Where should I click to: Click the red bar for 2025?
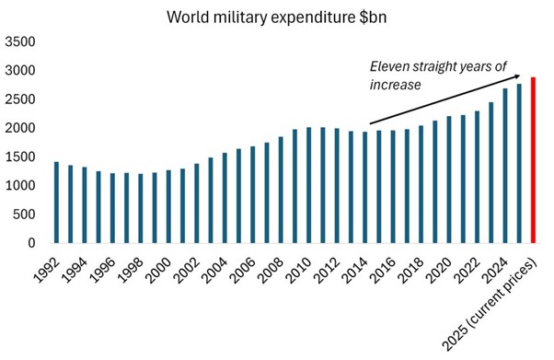pos(533,160)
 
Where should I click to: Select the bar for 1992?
pos(56,203)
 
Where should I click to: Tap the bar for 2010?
pos(309,185)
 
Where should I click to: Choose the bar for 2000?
pos(168,206)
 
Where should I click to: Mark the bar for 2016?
pos(393,187)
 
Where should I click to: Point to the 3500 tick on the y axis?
pos(20,41)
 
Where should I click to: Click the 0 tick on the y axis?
pos(32,243)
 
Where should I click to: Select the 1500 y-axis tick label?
pos(20,157)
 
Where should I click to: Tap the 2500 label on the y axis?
pos(20,99)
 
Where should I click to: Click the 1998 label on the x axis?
pos(131,271)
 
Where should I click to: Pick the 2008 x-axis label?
pos(271,271)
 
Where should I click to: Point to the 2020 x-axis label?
pos(439,271)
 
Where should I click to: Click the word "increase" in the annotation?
pos(396,85)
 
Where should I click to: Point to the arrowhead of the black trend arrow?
pos(517,76)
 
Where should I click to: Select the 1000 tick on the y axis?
pos(20,185)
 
